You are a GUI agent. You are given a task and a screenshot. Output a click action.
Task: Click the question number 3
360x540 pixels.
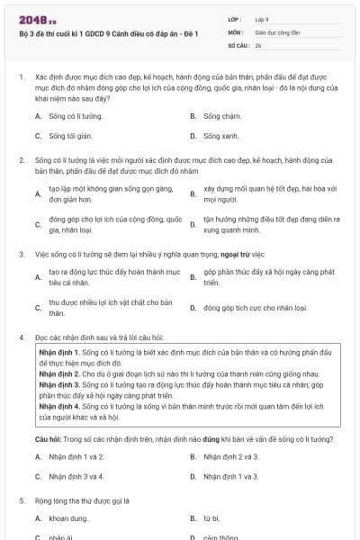tap(21, 255)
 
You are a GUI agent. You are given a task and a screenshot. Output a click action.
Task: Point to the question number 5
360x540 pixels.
tap(21, 499)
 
